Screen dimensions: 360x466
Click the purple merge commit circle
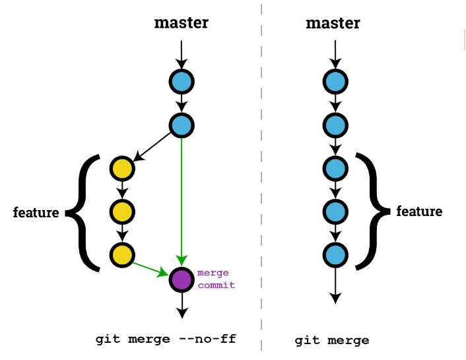[181, 279]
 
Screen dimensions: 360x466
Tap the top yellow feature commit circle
[122, 169]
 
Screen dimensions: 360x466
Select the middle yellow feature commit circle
[122, 212]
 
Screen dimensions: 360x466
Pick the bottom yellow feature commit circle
[122, 255]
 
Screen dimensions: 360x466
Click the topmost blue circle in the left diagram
[181, 82]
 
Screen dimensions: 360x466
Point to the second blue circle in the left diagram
[181, 125]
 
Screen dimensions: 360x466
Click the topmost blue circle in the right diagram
[335, 82]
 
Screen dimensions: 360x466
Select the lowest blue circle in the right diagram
[335, 254]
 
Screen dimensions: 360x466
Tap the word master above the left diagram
[181, 23]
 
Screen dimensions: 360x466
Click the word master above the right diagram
[333, 23]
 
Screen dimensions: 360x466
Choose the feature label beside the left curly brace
[36, 213]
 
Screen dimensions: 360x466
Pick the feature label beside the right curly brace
[419, 211]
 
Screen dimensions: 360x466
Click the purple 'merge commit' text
[216, 279]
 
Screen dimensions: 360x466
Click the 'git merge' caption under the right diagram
[331, 341]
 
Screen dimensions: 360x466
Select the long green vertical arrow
[182, 198]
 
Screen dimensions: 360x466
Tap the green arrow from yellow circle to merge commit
[150, 268]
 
